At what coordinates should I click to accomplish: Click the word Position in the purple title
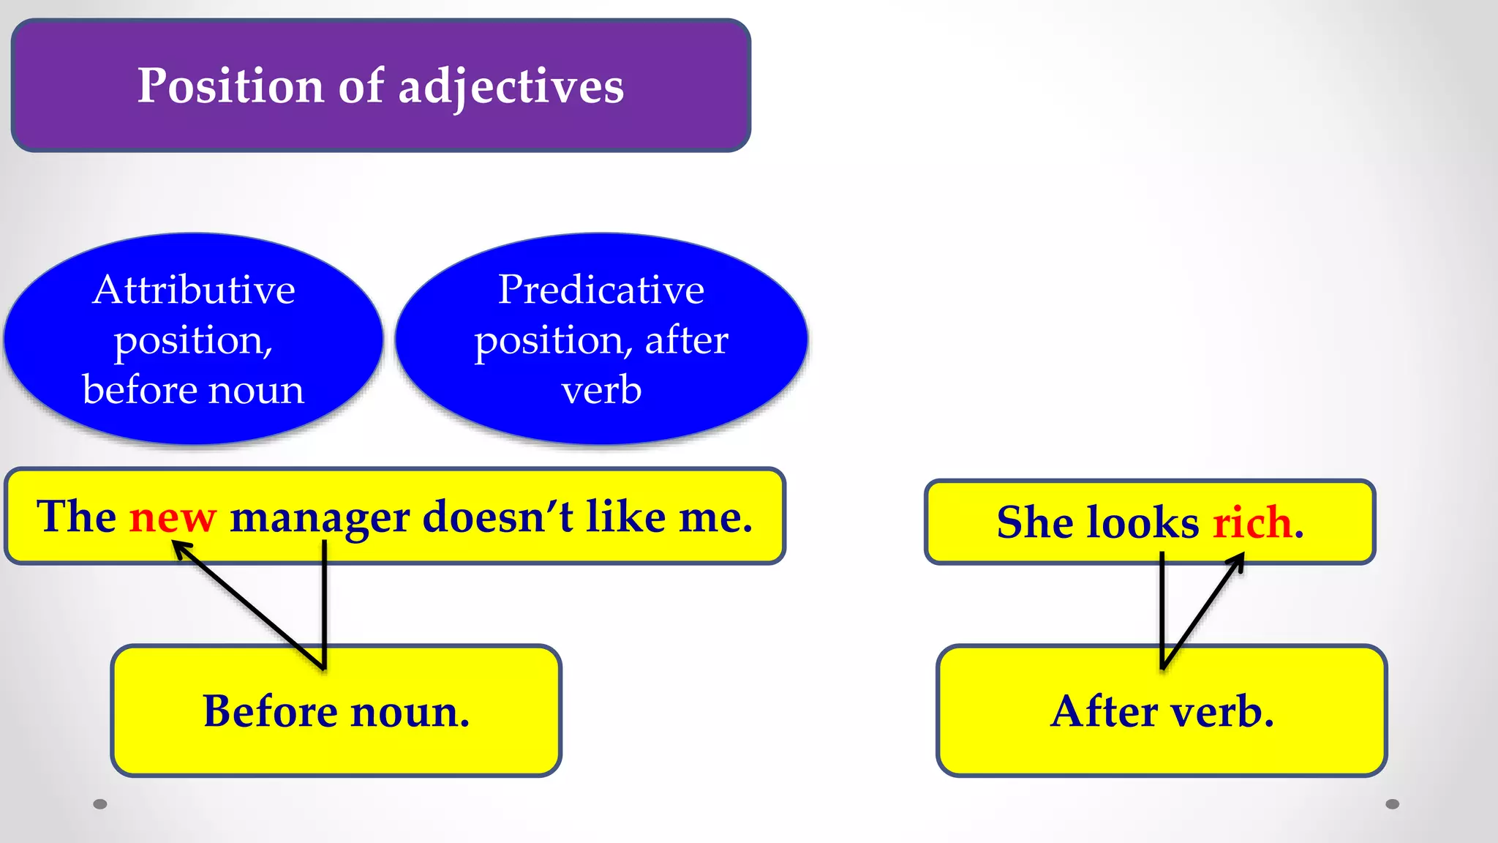coord(230,86)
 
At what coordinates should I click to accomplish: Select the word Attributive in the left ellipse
coord(194,290)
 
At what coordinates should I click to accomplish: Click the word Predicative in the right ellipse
coord(601,290)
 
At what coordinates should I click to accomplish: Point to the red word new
coord(173,517)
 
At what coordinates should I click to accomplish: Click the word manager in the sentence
coord(320,517)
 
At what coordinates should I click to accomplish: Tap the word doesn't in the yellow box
coord(498,517)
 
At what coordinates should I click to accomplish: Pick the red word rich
coord(1252,522)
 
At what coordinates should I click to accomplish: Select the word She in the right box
coord(1034,522)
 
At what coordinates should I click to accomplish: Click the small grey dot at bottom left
coord(100,804)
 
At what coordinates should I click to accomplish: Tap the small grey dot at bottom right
coord(1393,804)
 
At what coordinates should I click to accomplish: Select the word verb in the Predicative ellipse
coord(601,390)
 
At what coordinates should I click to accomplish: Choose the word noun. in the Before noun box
coord(410,711)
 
